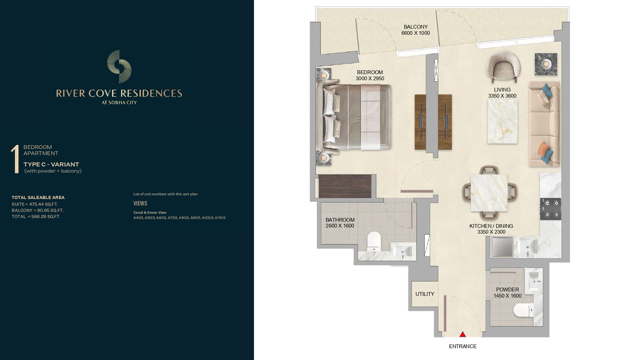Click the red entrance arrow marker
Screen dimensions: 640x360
462,334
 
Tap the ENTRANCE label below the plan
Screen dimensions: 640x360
462,346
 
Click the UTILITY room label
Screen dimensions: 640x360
424,294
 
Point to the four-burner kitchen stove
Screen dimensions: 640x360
550,209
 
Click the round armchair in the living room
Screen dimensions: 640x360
503,66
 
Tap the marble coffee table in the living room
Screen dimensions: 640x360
502,122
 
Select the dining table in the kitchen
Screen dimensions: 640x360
489,193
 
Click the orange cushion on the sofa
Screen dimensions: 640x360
543,149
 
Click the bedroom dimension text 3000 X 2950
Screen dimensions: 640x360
370,78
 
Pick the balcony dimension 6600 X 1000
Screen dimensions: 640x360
416,33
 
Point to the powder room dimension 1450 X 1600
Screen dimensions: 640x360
508,296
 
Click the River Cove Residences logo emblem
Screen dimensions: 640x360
119,66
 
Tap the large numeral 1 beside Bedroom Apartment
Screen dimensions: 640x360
15,159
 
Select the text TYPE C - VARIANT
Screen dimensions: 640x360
51,164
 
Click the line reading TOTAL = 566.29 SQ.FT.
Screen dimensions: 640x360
36,216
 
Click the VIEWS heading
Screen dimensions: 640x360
140,204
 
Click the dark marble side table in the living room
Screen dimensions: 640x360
546,64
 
